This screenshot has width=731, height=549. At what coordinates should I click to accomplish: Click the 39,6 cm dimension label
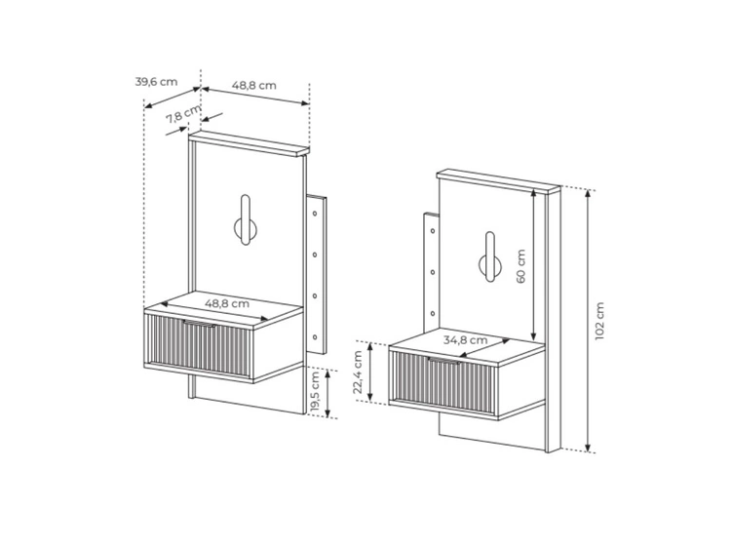(156, 82)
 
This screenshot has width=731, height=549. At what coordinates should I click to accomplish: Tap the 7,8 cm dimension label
(183, 114)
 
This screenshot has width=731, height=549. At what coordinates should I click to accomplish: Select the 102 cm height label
(599, 321)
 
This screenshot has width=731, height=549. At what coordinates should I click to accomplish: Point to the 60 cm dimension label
(520, 266)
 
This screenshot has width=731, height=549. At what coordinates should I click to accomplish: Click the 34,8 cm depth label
(465, 340)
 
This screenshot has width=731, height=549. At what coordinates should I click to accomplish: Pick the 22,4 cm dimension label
(358, 373)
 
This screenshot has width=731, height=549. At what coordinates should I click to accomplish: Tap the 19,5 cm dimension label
(315, 392)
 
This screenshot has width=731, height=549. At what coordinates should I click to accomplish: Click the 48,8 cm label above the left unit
(254, 86)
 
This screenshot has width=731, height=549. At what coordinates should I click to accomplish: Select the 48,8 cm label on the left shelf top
(227, 303)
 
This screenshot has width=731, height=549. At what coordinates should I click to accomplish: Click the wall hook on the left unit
(246, 220)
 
